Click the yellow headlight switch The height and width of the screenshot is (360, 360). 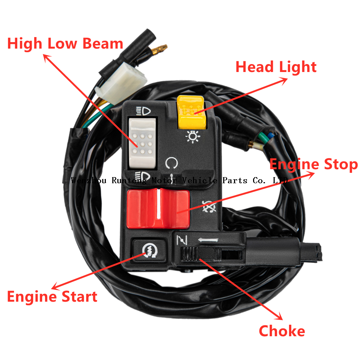click(191, 112)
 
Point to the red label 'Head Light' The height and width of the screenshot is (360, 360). click(276, 67)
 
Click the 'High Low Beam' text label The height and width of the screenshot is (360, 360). click(65, 44)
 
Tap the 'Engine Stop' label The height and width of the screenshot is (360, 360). click(314, 165)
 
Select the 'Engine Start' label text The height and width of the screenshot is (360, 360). click(52, 297)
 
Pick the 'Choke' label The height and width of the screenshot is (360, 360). click(282, 331)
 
